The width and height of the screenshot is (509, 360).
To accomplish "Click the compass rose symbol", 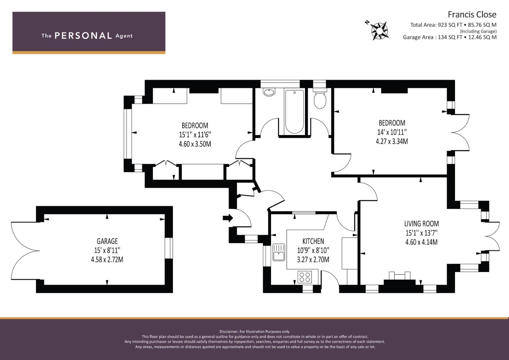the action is click(379, 31).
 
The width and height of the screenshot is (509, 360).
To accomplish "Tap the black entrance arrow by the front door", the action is click(228, 218).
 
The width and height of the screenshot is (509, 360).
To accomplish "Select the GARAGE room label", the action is click(107, 241).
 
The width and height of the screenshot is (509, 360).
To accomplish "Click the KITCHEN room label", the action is click(313, 241).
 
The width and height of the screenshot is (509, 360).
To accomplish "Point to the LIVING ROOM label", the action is click(422, 224).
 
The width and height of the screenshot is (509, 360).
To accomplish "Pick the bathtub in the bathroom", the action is click(294, 111).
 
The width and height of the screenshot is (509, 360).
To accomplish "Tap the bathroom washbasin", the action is click(269, 92).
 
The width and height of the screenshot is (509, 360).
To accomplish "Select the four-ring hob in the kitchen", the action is click(305, 277).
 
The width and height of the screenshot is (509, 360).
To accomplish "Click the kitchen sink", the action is click(279, 252).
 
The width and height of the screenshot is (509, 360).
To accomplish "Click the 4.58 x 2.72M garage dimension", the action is click(107, 260).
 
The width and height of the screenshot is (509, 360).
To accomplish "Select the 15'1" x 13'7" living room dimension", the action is click(422, 233).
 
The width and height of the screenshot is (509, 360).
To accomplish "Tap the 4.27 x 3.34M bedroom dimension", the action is click(392, 141).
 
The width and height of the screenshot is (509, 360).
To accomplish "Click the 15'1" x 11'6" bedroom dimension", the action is click(195, 135).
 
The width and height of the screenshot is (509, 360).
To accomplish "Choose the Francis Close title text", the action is click(472, 15).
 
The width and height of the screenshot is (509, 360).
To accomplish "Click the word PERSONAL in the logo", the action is click(83, 36).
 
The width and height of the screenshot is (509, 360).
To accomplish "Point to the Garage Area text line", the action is click(450, 37).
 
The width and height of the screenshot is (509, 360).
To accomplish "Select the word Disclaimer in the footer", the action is click(229, 332).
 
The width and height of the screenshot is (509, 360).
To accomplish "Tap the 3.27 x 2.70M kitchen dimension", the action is click(313, 260).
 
